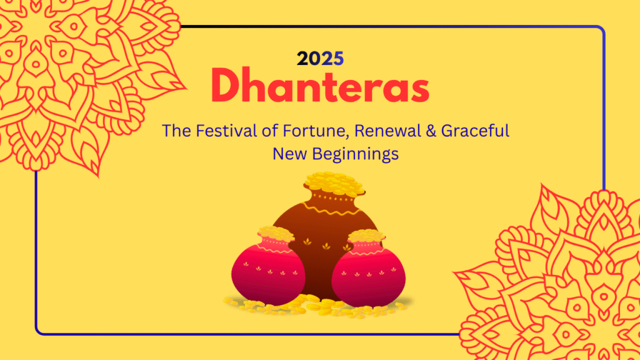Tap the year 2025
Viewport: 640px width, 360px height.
(x=320, y=59)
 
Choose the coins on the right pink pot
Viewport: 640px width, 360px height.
(x=366, y=236)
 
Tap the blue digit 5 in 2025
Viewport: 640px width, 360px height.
(x=338, y=59)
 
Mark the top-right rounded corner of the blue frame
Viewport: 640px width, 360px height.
(x=601, y=31)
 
